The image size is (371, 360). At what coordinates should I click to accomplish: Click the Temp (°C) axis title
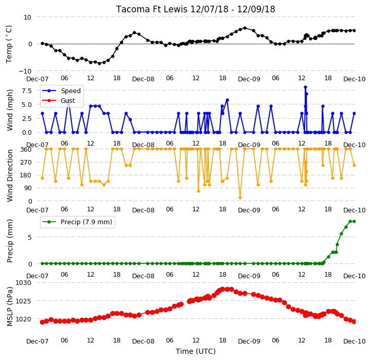pyautogui.click(x=9, y=44)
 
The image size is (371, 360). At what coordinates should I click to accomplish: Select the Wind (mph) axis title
pyautogui.click(x=10, y=110)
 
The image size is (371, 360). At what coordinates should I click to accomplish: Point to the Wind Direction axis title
pyautogui.click(x=10, y=175)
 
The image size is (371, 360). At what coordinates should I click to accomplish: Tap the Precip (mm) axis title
pyautogui.click(x=10, y=241)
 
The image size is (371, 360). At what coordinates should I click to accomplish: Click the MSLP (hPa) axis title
pyautogui.click(x=10, y=307)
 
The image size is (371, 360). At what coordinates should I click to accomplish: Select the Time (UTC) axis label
pyautogui.click(x=196, y=351)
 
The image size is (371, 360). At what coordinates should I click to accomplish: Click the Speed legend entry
pyautogui.click(x=62, y=91)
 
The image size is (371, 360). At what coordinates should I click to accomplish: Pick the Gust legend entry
pyautogui.click(x=59, y=100)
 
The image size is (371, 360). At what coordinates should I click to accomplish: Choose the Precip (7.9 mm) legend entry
pyautogui.click(x=77, y=222)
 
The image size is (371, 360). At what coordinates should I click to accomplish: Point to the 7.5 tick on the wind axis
pyautogui.click(x=27, y=91)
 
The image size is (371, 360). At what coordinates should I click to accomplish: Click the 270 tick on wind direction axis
pyautogui.click(x=26, y=163)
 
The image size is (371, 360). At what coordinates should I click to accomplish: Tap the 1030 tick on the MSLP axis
pyautogui.click(x=24, y=282)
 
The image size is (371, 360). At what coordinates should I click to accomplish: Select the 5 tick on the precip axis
pyautogui.click(x=30, y=237)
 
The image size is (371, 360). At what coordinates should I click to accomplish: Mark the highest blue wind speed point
pyautogui.click(x=305, y=87)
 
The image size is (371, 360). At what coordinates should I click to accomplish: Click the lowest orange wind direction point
pyautogui.click(x=240, y=198)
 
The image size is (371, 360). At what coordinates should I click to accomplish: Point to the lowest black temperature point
pyautogui.click(x=99, y=63)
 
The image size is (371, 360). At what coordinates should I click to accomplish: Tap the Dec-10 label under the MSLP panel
pyautogui.click(x=355, y=341)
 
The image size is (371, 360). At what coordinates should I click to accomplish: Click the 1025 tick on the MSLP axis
pyautogui.click(x=24, y=301)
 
